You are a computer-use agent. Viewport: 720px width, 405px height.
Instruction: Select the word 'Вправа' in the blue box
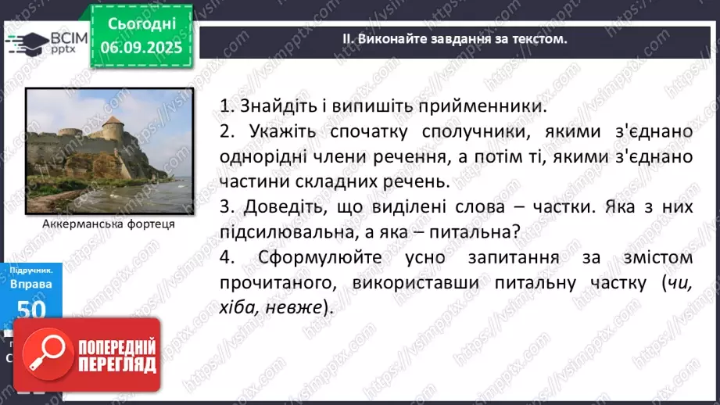[32, 284]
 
